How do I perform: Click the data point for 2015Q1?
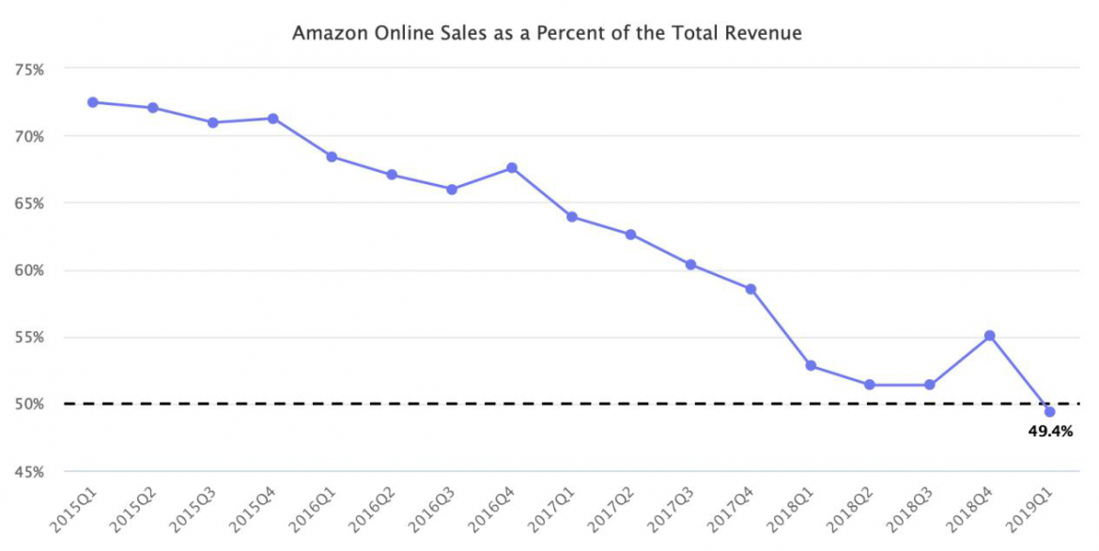click(x=93, y=102)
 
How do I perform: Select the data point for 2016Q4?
click(x=512, y=168)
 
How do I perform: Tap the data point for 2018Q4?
click(x=990, y=335)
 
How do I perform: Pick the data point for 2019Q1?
click(x=1050, y=412)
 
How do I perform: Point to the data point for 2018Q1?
click(x=811, y=366)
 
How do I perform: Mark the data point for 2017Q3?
click(x=691, y=265)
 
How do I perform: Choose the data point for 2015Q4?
click(x=272, y=118)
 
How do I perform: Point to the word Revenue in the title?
click(x=770, y=34)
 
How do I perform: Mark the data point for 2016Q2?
click(x=392, y=175)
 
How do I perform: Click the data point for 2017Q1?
click(x=572, y=217)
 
